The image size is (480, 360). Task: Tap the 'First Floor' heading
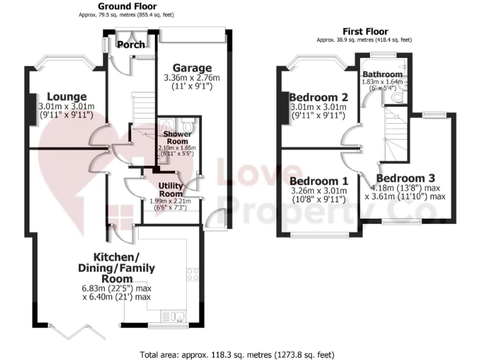coord(365,31)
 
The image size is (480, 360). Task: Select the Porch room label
coord(131,44)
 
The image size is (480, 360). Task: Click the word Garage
coord(192,68)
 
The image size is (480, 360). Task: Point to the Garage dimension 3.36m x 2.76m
coord(192,78)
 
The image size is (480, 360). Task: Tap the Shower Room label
coord(176,137)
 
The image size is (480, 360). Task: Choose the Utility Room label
coord(170,189)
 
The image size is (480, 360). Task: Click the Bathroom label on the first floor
coord(382,74)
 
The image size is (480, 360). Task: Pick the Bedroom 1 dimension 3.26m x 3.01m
coord(318,191)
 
